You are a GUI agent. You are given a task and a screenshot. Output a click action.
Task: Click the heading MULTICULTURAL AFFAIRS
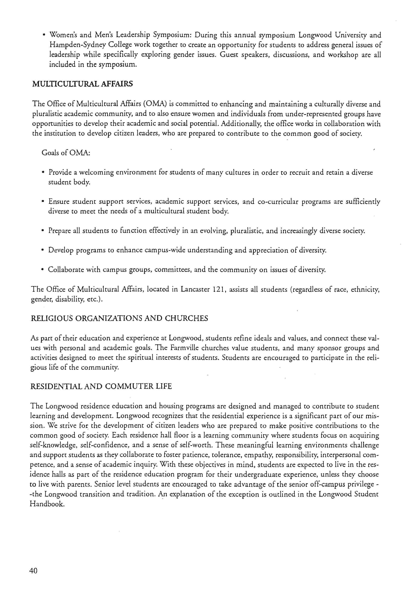point(82,84)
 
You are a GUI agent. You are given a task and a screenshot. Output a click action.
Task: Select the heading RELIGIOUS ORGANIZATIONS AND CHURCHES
point(119,318)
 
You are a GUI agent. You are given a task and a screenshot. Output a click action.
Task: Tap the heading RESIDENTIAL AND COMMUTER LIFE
point(101,386)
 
